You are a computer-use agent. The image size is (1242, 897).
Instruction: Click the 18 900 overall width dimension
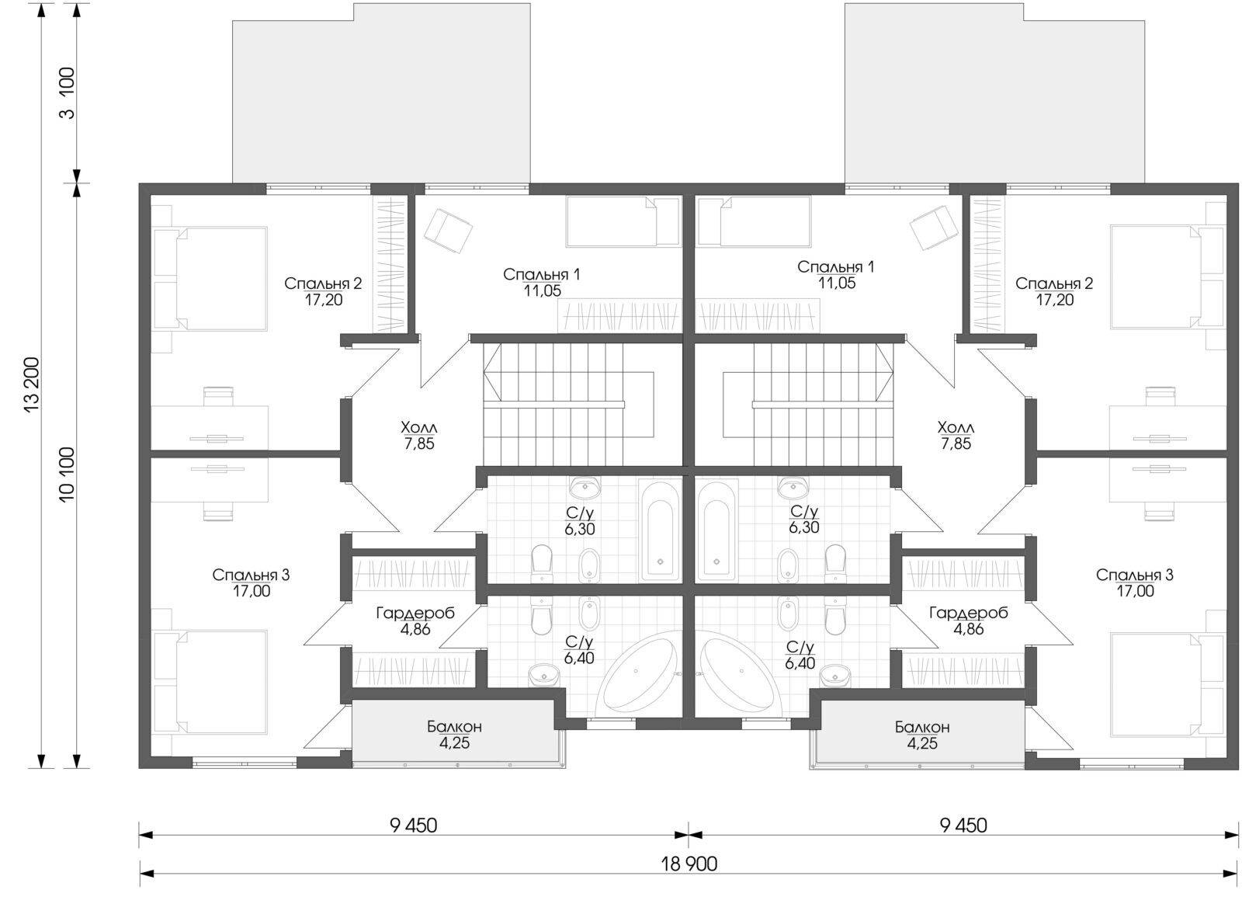tap(689, 864)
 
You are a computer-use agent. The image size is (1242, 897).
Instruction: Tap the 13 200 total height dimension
tap(33, 384)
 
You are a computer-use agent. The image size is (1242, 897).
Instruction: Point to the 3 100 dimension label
tap(67, 92)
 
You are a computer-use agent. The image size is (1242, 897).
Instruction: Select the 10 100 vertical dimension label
tap(67, 475)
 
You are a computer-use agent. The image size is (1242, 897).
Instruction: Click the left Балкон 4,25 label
tap(454, 735)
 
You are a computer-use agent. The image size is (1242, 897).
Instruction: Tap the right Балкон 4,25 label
tap(922, 735)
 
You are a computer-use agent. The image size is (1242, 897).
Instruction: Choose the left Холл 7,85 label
tap(418, 436)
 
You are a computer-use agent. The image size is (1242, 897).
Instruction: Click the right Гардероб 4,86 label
tap(968, 621)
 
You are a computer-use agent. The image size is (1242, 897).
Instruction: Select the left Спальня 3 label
tap(251, 575)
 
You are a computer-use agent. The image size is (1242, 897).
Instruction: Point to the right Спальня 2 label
tap(1054, 283)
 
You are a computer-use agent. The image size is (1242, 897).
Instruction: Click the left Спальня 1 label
tap(542, 274)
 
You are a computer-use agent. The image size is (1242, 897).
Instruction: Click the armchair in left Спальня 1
tap(448, 230)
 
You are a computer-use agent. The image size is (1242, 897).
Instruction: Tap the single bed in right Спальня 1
tap(754, 222)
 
